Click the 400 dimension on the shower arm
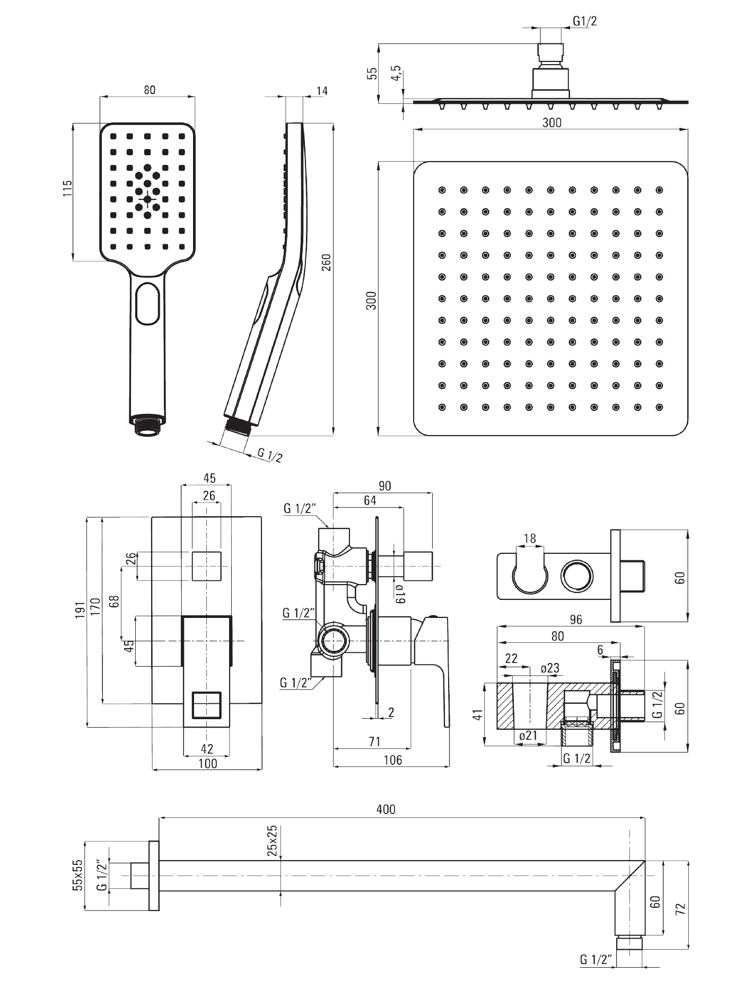point(386,809)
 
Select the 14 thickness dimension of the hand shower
point(321,91)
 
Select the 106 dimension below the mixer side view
point(392,760)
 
